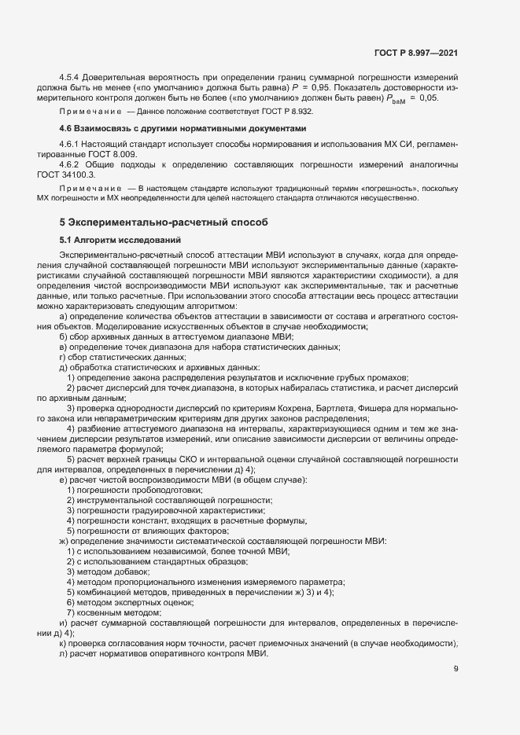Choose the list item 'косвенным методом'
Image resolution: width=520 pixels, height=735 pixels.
point(114,612)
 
